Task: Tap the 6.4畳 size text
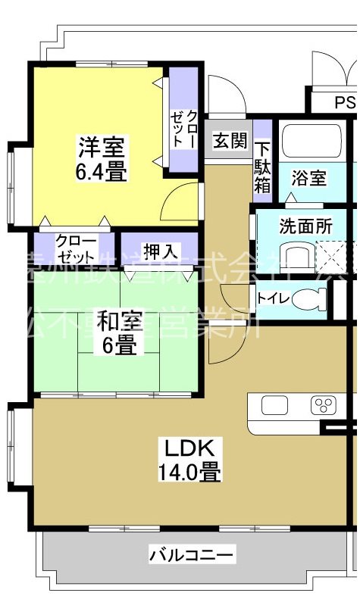click(101, 170)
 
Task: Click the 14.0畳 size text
click(189, 473)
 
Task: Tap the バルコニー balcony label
click(181, 554)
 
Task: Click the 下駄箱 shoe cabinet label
click(261, 167)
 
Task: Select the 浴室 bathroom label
click(309, 179)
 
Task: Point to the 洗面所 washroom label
click(306, 226)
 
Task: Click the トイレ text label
click(273, 298)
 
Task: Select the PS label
click(344, 102)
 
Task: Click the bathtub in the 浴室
click(311, 142)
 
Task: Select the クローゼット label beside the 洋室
click(183, 129)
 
